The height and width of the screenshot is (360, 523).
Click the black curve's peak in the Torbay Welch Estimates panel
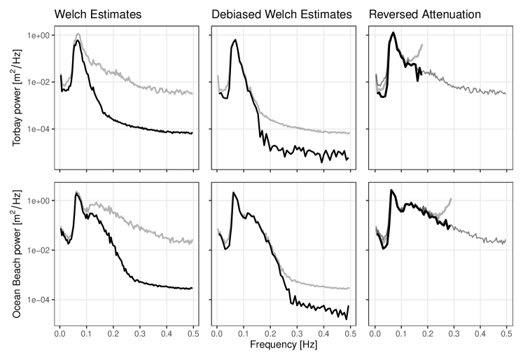point(78,41)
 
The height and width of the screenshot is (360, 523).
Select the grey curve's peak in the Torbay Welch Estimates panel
point(78,34)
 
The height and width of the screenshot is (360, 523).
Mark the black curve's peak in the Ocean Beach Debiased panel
point(234,193)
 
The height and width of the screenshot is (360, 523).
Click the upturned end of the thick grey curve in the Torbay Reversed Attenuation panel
point(422,45)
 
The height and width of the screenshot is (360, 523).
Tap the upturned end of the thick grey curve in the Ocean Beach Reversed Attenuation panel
point(451,199)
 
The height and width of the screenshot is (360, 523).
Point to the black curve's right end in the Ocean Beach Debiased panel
point(348,307)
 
